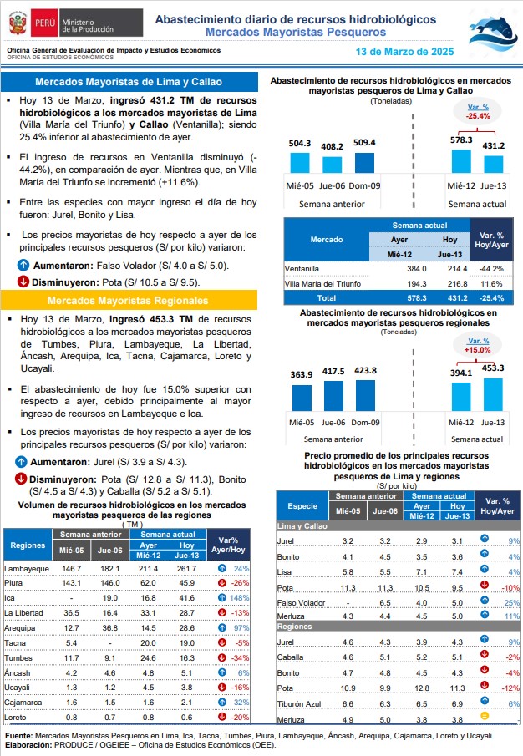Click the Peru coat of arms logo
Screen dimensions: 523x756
click(x=18, y=23)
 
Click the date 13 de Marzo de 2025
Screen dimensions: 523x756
click(x=404, y=52)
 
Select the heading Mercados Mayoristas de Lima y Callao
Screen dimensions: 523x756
click(x=129, y=82)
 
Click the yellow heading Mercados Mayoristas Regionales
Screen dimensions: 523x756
click(x=128, y=301)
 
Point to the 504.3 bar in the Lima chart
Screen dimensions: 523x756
click(x=300, y=163)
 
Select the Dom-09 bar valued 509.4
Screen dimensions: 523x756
click(x=364, y=163)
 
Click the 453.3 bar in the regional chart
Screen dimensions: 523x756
click(x=493, y=394)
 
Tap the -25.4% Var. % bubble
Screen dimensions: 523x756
click(x=478, y=111)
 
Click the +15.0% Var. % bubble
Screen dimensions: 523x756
click(x=478, y=345)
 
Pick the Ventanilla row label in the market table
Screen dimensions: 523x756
click(x=302, y=268)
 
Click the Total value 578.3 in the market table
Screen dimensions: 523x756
click(x=416, y=298)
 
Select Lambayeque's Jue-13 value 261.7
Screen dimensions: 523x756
click(x=186, y=568)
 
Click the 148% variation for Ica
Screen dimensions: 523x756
click(x=240, y=598)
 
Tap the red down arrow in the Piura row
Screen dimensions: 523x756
click(x=222, y=583)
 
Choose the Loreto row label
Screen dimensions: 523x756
click(x=15, y=718)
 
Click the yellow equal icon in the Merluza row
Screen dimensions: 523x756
click(x=485, y=716)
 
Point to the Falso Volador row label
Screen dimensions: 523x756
click(x=301, y=602)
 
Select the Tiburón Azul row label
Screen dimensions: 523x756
click(x=299, y=704)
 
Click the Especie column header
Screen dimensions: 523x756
click(x=302, y=505)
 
